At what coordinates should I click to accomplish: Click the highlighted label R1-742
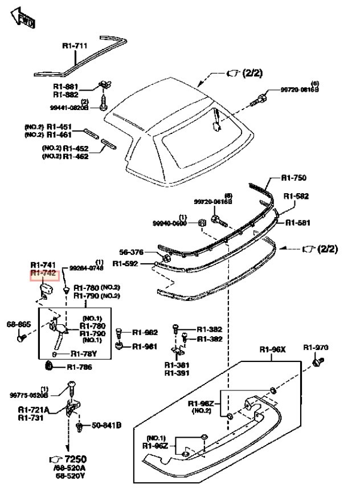pos(43,275)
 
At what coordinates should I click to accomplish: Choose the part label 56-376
pos(132,252)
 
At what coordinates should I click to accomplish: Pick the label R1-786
pos(79,367)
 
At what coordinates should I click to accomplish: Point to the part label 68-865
pos(18,324)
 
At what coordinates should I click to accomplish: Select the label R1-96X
pos(272,349)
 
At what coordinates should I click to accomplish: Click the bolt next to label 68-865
pos(21,338)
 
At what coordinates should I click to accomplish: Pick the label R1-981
pos(145,346)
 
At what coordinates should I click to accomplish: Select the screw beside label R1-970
pos(317,361)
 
